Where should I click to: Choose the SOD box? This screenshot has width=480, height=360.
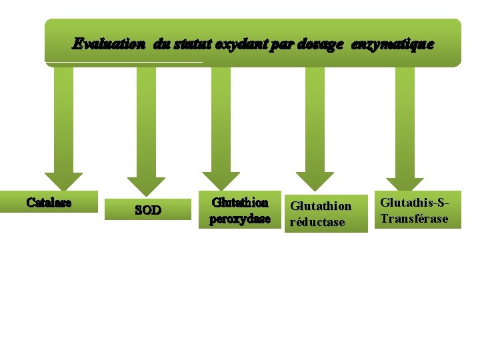click(148, 210)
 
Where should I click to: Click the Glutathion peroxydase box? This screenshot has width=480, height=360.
click(240, 211)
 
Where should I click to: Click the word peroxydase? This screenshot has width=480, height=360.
click(240, 219)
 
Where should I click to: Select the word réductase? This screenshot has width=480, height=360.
click(317, 222)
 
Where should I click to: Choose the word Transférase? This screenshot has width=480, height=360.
click(414, 219)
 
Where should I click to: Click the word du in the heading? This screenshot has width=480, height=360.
click(161, 45)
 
